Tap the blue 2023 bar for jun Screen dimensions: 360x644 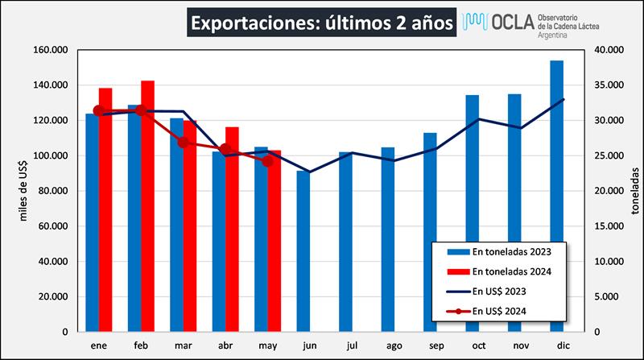303,250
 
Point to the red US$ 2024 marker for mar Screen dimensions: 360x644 183,143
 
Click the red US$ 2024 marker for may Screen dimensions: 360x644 268,161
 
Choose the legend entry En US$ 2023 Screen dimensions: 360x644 507,291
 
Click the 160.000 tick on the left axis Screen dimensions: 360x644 51,50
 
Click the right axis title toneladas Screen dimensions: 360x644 634,191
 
